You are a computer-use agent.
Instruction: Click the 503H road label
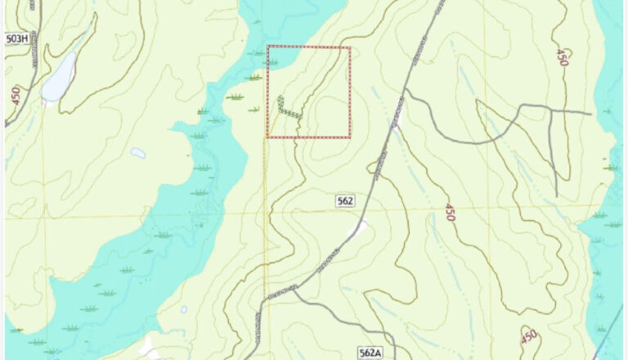17,38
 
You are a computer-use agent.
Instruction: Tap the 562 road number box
344,200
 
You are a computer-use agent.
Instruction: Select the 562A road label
370,353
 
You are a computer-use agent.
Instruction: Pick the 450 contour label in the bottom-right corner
529,335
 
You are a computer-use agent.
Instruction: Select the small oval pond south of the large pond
137,153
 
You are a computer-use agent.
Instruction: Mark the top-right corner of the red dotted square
350,47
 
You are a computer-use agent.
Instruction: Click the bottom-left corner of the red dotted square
268,137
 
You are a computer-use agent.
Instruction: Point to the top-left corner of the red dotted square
268,47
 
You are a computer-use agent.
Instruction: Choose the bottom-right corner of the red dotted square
350,137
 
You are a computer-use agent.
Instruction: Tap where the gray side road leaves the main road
406,88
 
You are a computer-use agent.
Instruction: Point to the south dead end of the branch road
556,196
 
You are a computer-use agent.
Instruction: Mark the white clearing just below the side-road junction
398,122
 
